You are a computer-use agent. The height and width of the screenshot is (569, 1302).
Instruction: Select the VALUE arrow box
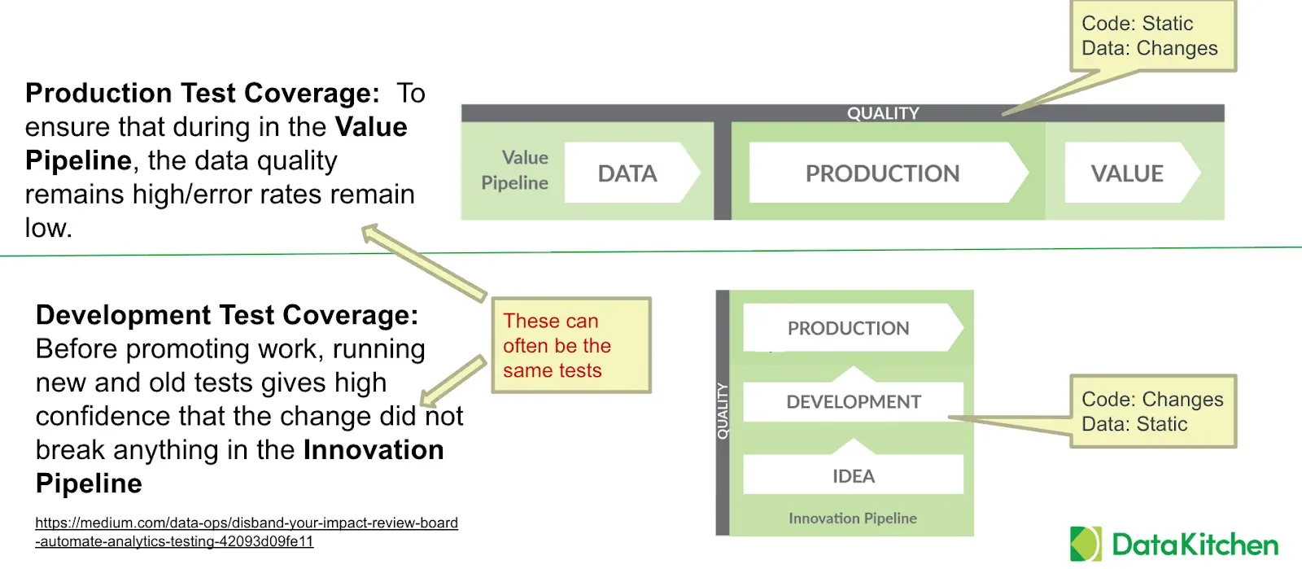click(x=1128, y=173)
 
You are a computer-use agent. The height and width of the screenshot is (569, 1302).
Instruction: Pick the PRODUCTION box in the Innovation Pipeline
click(x=849, y=328)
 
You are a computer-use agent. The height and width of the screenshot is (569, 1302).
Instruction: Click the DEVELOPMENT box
click(x=853, y=402)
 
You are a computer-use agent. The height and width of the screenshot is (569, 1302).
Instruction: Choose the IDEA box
click(x=853, y=476)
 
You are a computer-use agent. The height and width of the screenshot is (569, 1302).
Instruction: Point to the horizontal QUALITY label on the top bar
click(x=883, y=113)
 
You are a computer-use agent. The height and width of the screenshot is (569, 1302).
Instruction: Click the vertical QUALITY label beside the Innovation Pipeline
click(x=722, y=411)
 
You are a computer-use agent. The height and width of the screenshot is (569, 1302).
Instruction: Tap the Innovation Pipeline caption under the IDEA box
click(x=852, y=519)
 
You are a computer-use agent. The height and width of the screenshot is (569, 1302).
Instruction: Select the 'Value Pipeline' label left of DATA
click(x=515, y=170)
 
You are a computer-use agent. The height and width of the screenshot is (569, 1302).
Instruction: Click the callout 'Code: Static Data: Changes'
click(x=1151, y=37)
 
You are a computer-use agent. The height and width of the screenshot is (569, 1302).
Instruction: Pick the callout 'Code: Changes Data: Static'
click(x=1152, y=411)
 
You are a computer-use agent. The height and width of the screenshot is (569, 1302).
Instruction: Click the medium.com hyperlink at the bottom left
click(x=246, y=532)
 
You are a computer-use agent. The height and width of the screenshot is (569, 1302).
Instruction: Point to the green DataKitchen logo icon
click(x=1086, y=544)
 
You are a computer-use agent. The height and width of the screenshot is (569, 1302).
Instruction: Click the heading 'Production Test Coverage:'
click(x=202, y=94)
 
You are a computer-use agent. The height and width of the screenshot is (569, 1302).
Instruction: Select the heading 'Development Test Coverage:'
click(x=226, y=315)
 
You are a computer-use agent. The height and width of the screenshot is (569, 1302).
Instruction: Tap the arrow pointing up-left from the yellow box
click(x=423, y=262)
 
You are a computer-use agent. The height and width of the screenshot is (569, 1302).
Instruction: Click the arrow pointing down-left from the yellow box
click(x=452, y=381)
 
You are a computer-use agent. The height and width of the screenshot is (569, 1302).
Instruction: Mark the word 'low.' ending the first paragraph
click(x=48, y=228)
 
